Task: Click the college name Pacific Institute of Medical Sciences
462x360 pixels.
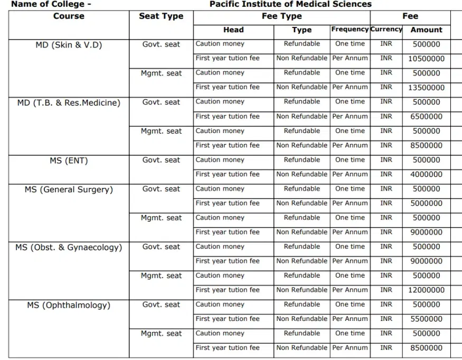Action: pyautogui.click(x=290, y=4)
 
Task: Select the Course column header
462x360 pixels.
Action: pyautogui.click(x=69, y=16)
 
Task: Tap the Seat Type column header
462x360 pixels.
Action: pyautogui.click(x=161, y=16)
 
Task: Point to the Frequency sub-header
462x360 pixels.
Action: pyautogui.click(x=350, y=30)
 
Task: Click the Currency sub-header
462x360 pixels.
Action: pyautogui.click(x=386, y=30)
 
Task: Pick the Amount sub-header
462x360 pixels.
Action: pyautogui.click(x=426, y=30)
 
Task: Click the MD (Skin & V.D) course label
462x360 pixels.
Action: pyautogui.click(x=69, y=45)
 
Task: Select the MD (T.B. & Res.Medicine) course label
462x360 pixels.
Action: pyautogui.click(x=69, y=103)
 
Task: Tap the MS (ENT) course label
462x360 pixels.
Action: pyautogui.click(x=69, y=160)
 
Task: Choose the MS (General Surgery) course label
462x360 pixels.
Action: pyautogui.click(x=69, y=190)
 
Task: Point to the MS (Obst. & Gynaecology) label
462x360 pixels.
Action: pyautogui.click(x=69, y=248)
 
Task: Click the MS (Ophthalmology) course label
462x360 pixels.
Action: pyautogui.click(x=69, y=305)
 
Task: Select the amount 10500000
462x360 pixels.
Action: pyautogui.click(x=426, y=59)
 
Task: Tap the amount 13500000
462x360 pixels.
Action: pyautogui.click(x=426, y=88)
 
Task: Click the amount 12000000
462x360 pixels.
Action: pyautogui.click(x=426, y=290)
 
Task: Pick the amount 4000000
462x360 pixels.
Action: pyautogui.click(x=426, y=175)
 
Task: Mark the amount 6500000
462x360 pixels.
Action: pyautogui.click(x=426, y=117)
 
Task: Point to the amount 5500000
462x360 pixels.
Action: pyautogui.click(x=426, y=319)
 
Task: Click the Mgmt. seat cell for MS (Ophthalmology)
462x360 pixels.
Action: pyautogui.click(x=161, y=334)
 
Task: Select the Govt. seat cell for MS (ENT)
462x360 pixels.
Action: pyautogui.click(x=161, y=160)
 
